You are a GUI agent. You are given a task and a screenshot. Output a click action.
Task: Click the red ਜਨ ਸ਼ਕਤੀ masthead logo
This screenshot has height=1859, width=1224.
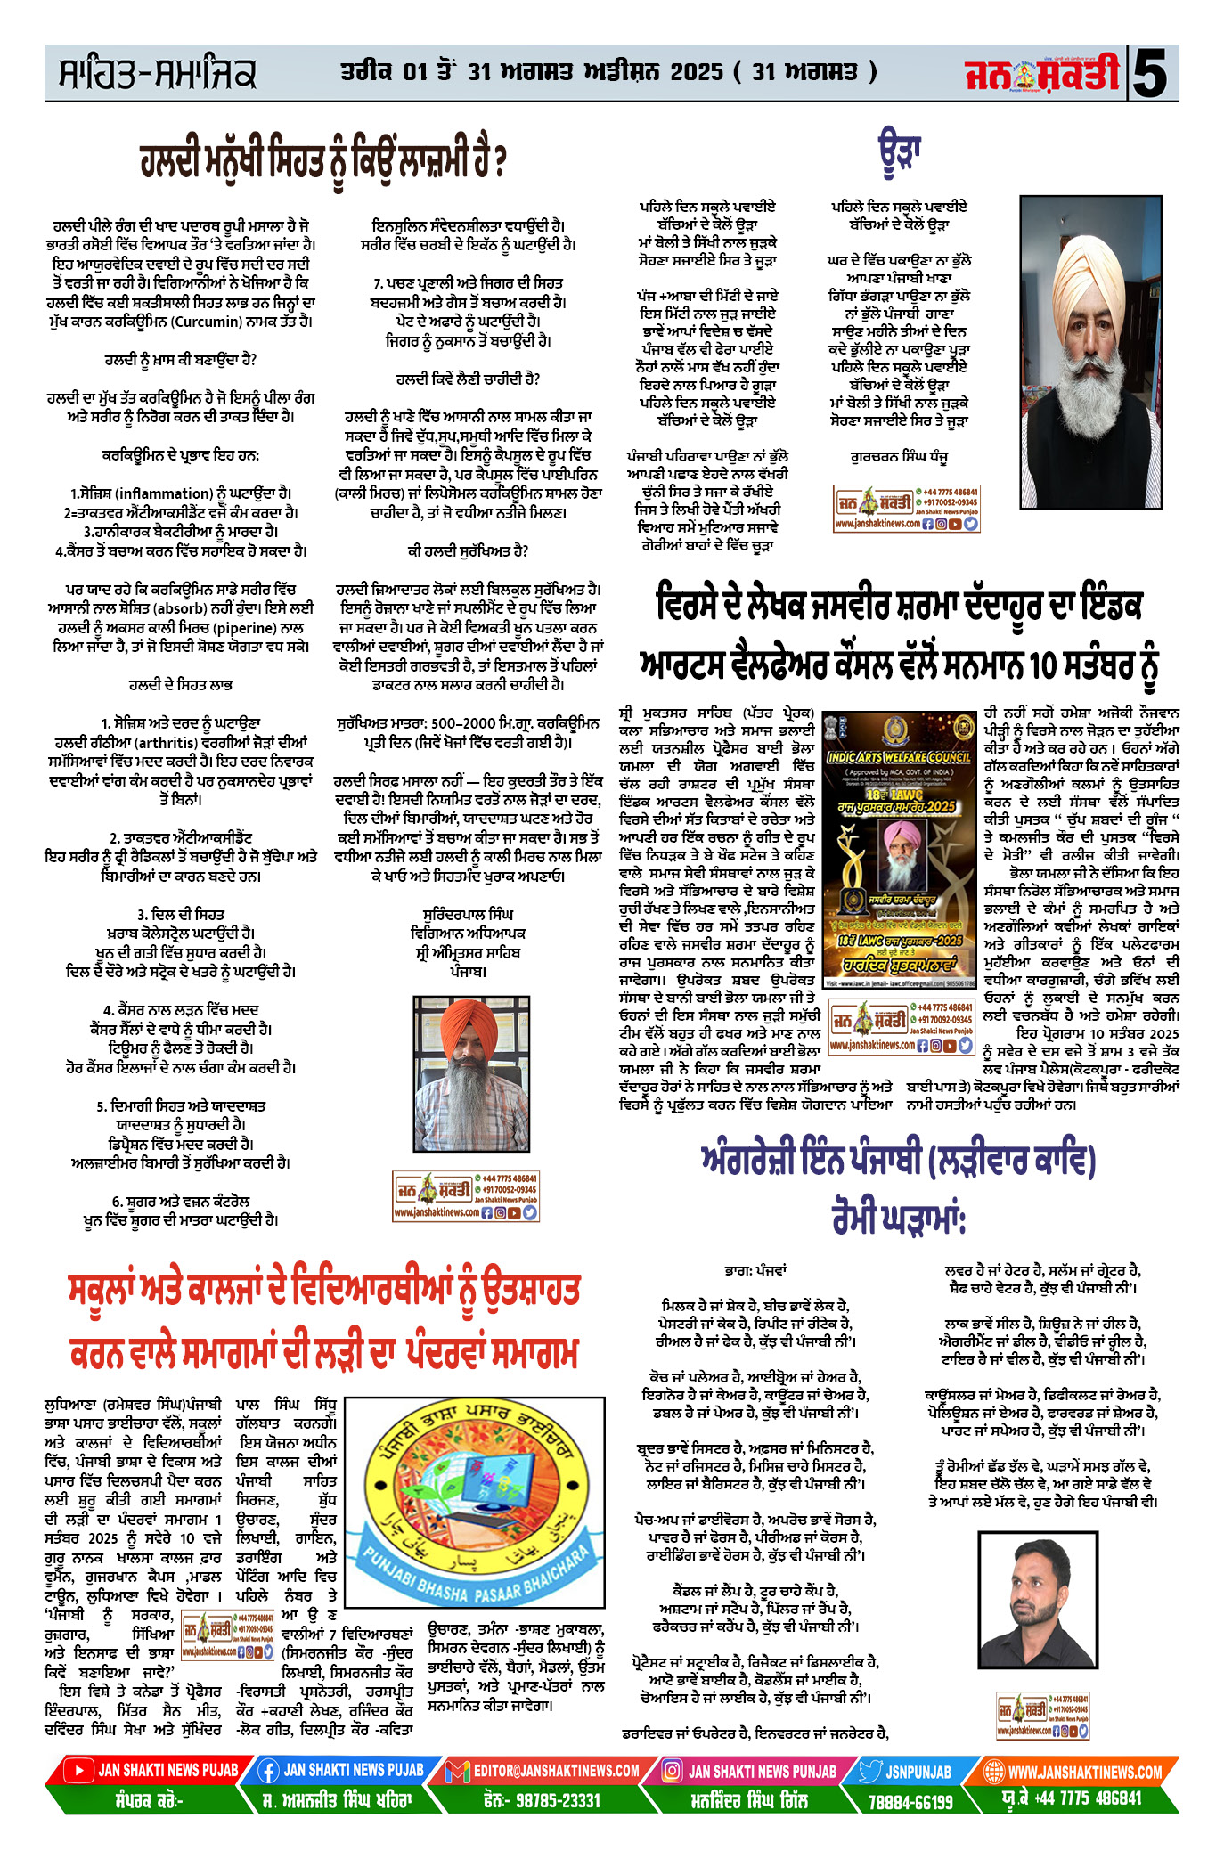coord(1041,73)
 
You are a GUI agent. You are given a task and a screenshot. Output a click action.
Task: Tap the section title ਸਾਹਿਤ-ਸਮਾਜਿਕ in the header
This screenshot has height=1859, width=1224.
coord(157,74)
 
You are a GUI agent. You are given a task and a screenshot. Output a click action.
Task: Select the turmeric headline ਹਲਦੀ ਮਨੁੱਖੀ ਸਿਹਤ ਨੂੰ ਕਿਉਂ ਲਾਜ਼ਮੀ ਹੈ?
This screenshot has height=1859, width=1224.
coord(323,160)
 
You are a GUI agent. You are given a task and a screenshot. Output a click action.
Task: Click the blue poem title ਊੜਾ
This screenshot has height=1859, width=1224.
coord(899,152)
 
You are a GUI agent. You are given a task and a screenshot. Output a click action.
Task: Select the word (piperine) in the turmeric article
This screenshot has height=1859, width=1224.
coord(241,627)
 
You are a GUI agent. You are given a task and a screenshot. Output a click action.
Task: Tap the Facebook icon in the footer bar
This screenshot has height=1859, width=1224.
coord(267,1771)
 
